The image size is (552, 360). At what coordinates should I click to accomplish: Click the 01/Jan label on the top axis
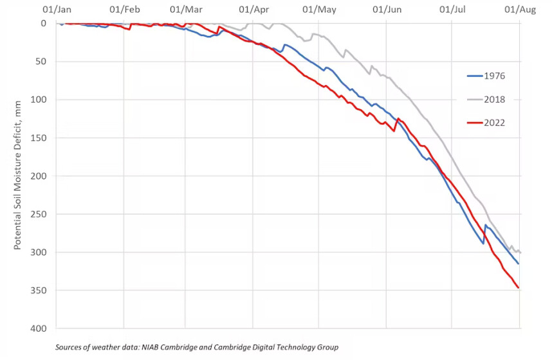coord(56,10)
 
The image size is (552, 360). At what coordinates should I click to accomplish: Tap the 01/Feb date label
coord(124,10)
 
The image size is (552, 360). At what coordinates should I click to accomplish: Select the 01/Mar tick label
coord(185,10)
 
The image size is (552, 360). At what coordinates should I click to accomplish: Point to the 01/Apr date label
coord(253,10)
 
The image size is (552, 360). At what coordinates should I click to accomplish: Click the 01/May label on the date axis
coord(319,10)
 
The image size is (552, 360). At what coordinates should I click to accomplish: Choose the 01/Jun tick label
coord(387,10)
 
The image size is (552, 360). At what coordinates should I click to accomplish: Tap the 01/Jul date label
coord(452,10)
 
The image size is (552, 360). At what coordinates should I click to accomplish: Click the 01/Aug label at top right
coord(519,10)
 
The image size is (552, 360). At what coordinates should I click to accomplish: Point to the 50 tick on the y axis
coord(41,62)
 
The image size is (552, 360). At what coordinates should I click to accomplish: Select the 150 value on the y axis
coord(38,138)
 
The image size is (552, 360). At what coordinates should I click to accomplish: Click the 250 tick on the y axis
coord(38,214)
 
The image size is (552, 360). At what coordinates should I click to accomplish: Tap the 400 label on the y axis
coord(38,328)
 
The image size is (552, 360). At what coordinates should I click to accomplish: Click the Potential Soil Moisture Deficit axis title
coord(19,175)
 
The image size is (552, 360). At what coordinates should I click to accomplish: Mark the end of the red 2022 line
coord(519,287)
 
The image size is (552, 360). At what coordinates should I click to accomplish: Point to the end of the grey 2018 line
coord(520,252)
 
